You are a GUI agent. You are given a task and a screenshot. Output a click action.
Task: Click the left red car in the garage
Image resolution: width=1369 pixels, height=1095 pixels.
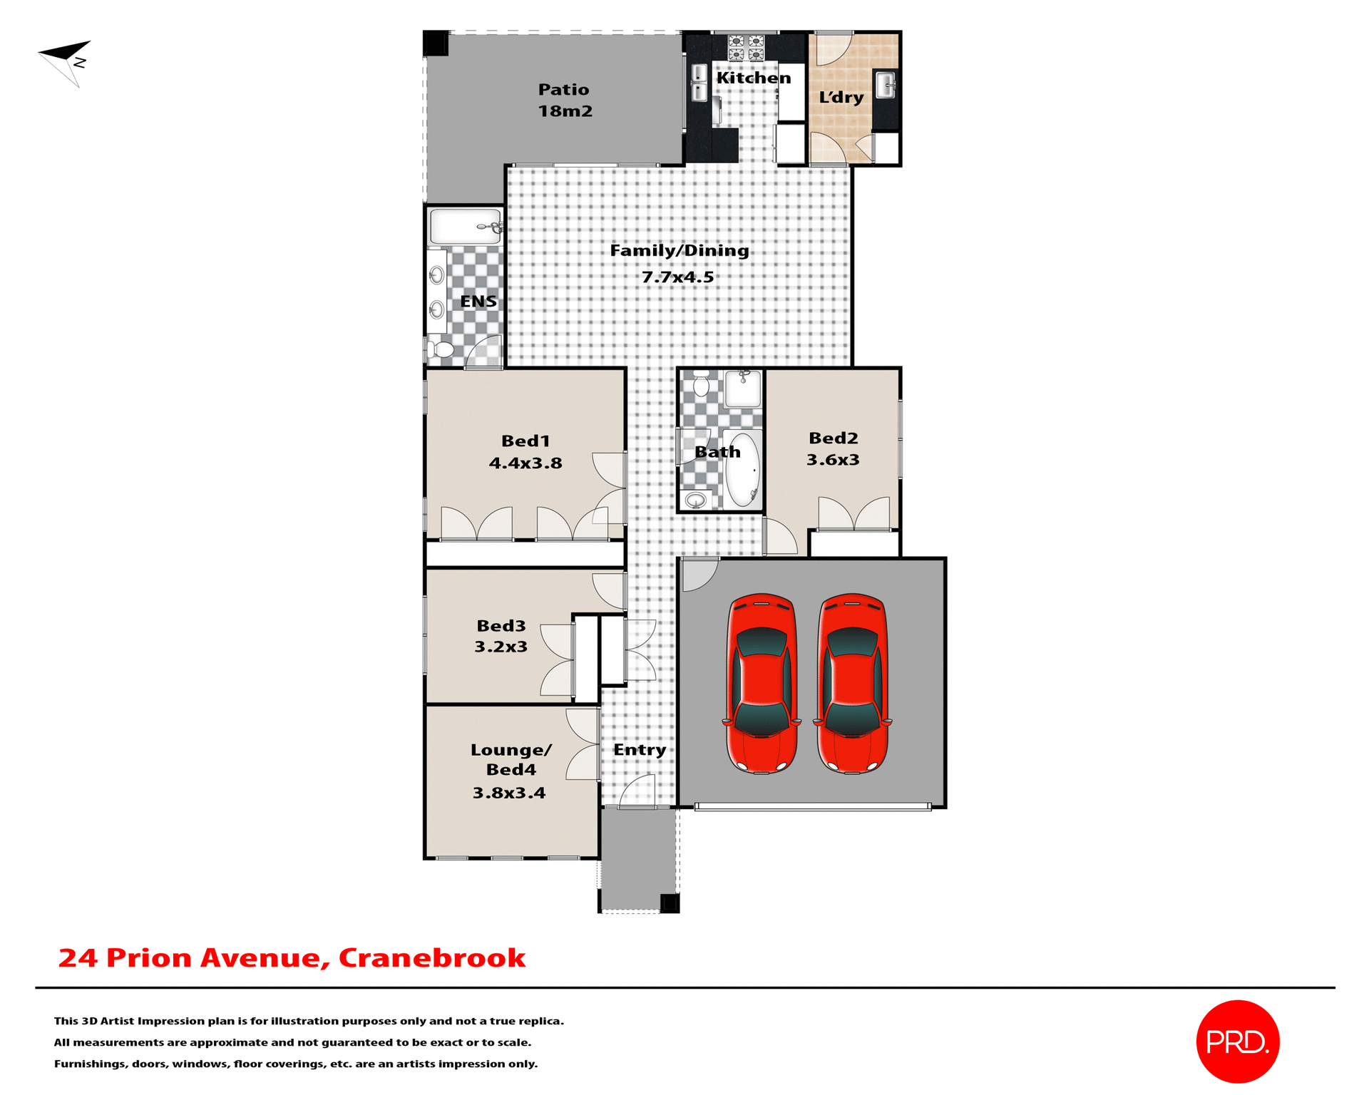click(x=762, y=683)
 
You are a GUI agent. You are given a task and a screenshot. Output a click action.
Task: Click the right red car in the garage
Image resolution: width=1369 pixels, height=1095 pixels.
click(x=852, y=683)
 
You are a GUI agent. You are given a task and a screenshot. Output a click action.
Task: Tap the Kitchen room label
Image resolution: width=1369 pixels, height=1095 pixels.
click(x=753, y=78)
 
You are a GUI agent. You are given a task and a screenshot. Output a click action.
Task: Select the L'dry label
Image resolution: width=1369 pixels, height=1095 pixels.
click(x=841, y=97)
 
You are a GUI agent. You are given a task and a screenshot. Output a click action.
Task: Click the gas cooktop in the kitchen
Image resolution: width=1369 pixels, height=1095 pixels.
click(x=746, y=48)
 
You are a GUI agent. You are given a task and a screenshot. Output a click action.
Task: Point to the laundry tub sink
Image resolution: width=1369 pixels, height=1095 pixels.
click(x=886, y=85)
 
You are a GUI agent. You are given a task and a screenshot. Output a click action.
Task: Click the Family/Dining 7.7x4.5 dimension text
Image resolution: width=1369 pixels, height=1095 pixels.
click(x=677, y=277)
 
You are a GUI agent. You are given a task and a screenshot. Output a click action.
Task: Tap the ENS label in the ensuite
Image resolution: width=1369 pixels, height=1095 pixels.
click(x=478, y=302)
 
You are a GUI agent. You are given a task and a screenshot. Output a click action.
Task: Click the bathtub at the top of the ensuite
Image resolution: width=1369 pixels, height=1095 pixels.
click(x=464, y=227)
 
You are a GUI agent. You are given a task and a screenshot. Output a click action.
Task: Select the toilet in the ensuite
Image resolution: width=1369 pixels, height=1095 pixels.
click(x=441, y=349)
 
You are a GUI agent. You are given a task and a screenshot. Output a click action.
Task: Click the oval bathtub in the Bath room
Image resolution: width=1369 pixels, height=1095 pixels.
click(x=742, y=469)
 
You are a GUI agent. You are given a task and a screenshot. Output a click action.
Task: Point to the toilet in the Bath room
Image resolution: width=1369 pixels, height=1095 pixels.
click(x=702, y=385)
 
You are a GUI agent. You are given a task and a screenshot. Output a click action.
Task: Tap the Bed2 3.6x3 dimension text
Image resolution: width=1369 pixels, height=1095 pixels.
click(x=833, y=460)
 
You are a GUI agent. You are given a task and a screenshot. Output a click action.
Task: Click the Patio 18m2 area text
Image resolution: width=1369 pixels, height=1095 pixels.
click(x=565, y=111)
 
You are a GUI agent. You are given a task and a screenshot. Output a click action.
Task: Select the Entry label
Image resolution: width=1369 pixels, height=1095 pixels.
click(x=640, y=750)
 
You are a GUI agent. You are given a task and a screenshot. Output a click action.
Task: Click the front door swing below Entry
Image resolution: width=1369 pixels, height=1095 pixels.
click(x=639, y=793)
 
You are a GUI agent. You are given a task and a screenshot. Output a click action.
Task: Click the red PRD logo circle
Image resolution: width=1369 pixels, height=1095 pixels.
click(x=1237, y=1042)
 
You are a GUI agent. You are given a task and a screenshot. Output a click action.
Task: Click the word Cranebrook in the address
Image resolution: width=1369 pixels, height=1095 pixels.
click(x=431, y=957)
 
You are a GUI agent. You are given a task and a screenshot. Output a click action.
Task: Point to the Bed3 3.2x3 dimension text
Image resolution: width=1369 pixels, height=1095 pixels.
click(x=501, y=647)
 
